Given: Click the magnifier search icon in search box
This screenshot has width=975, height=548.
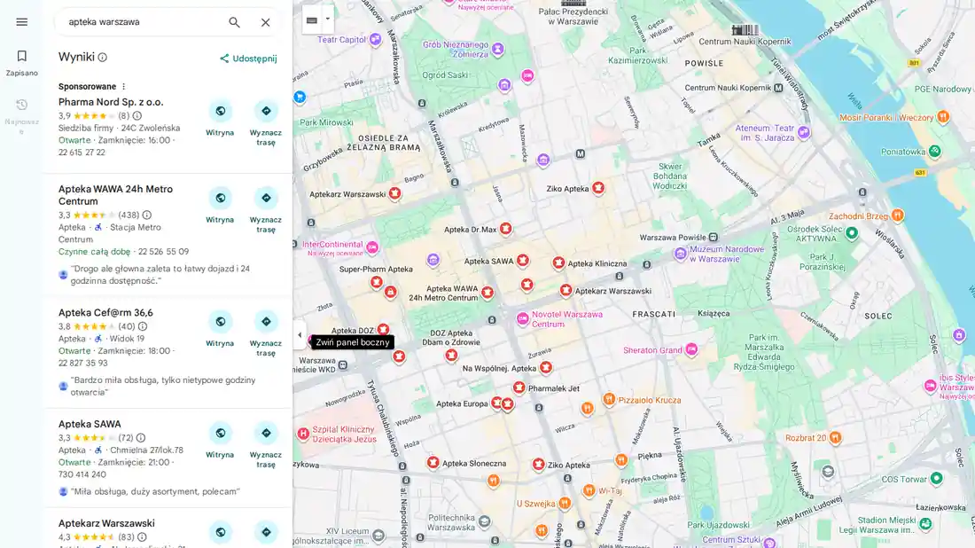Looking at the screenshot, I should [x=234, y=22].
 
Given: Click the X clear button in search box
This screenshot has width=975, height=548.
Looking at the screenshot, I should [x=265, y=22].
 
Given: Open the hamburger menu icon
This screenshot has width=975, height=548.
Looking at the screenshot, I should [x=21, y=22].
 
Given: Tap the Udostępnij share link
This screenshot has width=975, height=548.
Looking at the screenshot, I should [x=248, y=59].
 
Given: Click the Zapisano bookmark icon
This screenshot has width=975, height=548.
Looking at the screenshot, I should [x=21, y=56].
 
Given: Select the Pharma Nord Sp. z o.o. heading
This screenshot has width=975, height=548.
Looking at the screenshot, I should [x=111, y=102].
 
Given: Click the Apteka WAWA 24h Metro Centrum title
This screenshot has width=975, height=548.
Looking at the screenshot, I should [x=115, y=195].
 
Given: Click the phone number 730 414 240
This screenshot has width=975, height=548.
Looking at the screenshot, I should [x=82, y=474].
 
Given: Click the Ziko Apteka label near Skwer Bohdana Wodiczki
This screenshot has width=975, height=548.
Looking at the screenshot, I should [x=567, y=189].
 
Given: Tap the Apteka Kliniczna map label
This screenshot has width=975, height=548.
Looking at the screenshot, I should [x=597, y=263].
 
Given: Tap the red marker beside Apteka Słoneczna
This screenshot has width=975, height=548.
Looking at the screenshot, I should [x=433, y=462].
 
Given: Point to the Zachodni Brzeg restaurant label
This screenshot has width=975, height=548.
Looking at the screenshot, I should [x=857, y=215].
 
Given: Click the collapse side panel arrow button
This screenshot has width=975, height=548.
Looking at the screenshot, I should [x=299, y=335].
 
